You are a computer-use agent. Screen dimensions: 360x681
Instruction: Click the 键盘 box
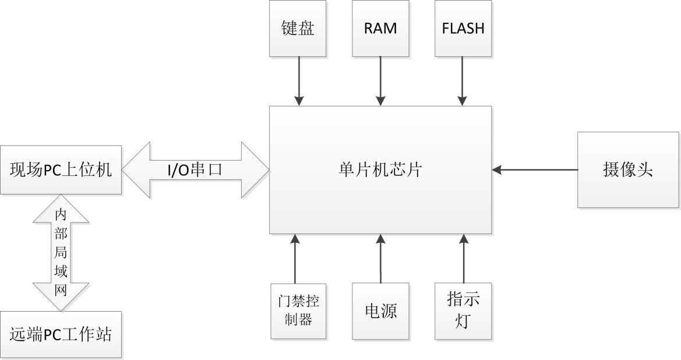pos(298,28)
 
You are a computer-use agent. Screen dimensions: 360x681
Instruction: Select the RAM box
pos(380,28)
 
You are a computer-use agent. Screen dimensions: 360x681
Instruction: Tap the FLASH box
pos(463,28)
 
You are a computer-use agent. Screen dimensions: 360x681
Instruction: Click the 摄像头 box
pos(629,170)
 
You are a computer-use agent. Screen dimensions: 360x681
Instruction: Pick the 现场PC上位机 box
pos(61,170)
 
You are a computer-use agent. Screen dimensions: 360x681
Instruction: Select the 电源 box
pos(380,311)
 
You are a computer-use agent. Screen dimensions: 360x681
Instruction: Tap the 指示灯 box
pos(463,311)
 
